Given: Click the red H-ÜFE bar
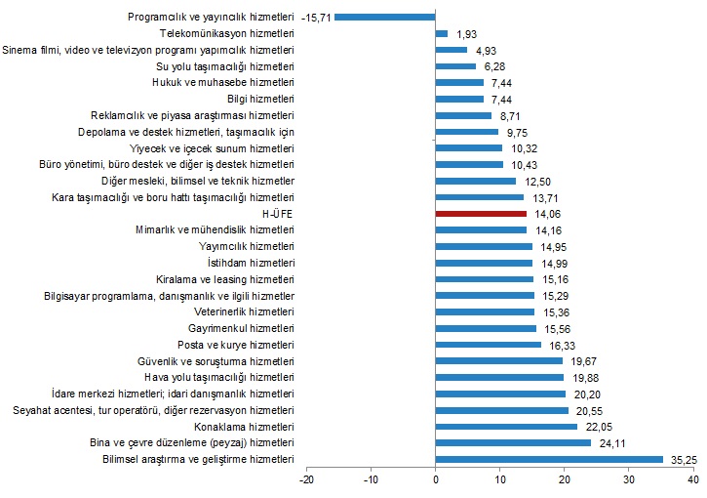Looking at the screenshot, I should pyautogui.click(x=481, y=213).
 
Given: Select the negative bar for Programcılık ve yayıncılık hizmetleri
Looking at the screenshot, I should pyautogui.click(x=385, y=17).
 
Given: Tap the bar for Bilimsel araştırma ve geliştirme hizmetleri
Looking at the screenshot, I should pyautogui.click(x=549, y=459).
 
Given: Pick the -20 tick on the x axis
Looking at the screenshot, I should pyautogui.click(x=306, y=479).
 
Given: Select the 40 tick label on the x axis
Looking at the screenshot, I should pyautogui.click(x=693, y=479).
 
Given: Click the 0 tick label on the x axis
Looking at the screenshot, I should pyautogui.click(x=436, y=479).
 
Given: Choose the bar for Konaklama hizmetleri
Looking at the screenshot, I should pyautogui.click(x=507, y=427).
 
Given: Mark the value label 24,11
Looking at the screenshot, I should pyautogui.click(x=611, y=442).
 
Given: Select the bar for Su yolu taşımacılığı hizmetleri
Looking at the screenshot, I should pyautogui.click(x=455, y=66).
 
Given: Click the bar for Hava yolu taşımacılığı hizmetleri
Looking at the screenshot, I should pyautogui.click(x=500, y=377).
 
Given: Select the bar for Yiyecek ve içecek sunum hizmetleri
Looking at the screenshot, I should pyautogui.click(x=469, y=147).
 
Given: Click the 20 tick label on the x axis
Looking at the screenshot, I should pyautogui.click(x=565, y=479).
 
